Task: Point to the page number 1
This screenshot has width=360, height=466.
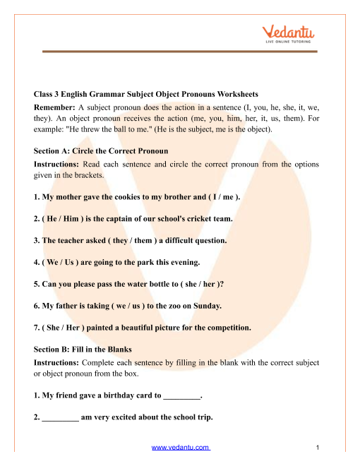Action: pyautogui.click(x=319, y=448)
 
